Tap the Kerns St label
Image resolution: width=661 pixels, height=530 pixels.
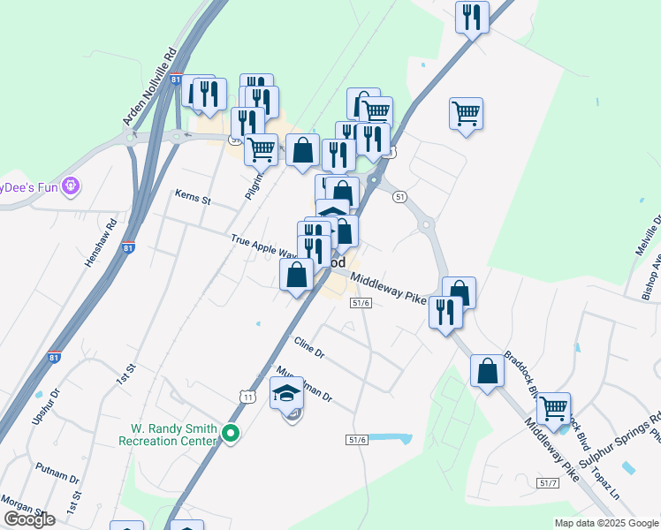[193, 197]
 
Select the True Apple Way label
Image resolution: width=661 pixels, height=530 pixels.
[262, 246]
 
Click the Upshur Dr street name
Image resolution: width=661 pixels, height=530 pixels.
[45, 406]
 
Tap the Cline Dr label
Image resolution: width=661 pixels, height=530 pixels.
[309, 348]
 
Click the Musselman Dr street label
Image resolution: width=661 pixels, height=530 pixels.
[303, 382]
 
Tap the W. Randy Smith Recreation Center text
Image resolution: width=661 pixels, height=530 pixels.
[167, 434]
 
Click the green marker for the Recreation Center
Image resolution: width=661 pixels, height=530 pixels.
[231, 433]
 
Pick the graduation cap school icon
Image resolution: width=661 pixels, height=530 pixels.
[286, 394]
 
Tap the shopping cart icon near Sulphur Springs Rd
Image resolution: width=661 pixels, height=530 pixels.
[553, 409]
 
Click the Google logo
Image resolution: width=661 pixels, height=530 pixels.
[30, 519]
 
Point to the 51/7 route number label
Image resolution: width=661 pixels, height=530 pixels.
[548, 481]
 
